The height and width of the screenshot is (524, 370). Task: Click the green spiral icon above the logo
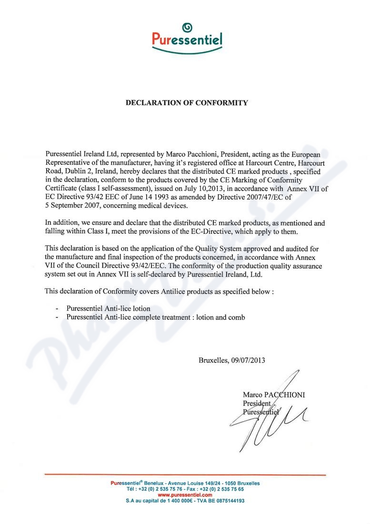[187, 27]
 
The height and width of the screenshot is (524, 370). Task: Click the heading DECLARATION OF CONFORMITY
[186, 102]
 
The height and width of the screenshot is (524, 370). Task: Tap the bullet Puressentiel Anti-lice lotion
[108, 308]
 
